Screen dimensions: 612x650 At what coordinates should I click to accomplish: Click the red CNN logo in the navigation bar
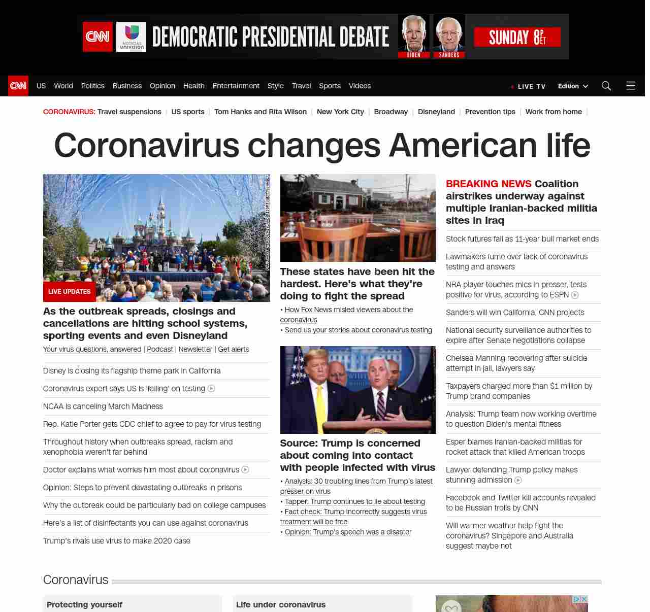(x=18, y=86)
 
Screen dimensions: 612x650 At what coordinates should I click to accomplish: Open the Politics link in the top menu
(x=93, y=86)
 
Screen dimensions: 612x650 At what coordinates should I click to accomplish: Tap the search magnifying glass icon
(x=606, y=86)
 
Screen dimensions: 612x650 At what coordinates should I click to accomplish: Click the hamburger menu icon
(x=631, y=86)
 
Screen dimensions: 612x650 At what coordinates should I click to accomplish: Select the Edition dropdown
(x=573, y=86)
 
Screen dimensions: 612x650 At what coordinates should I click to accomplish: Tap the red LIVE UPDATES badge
(x=70, y=292)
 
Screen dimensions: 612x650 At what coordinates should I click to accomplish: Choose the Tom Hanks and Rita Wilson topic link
(x=261, y=112)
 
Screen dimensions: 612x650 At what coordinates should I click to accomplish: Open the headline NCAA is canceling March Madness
(x=103, y=406)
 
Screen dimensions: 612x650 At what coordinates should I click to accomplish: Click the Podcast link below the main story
(x=160, y=349)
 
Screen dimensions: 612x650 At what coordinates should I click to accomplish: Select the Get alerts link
(x=234, y=349)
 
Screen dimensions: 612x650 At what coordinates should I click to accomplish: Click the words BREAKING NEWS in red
(x=489, y=184)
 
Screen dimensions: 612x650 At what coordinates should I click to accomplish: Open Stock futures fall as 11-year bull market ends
(x=522, y=239)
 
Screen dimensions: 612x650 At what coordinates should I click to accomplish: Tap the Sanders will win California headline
(x=515, y=313)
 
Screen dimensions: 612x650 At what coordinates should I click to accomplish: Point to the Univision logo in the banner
(x=132, y=37)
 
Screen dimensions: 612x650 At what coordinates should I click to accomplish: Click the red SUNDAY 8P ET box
(x=517, y=37)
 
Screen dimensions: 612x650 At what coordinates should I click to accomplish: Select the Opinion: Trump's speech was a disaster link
(x=348, y=532)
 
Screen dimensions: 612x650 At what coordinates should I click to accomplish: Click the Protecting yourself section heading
(x=84, y=604)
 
